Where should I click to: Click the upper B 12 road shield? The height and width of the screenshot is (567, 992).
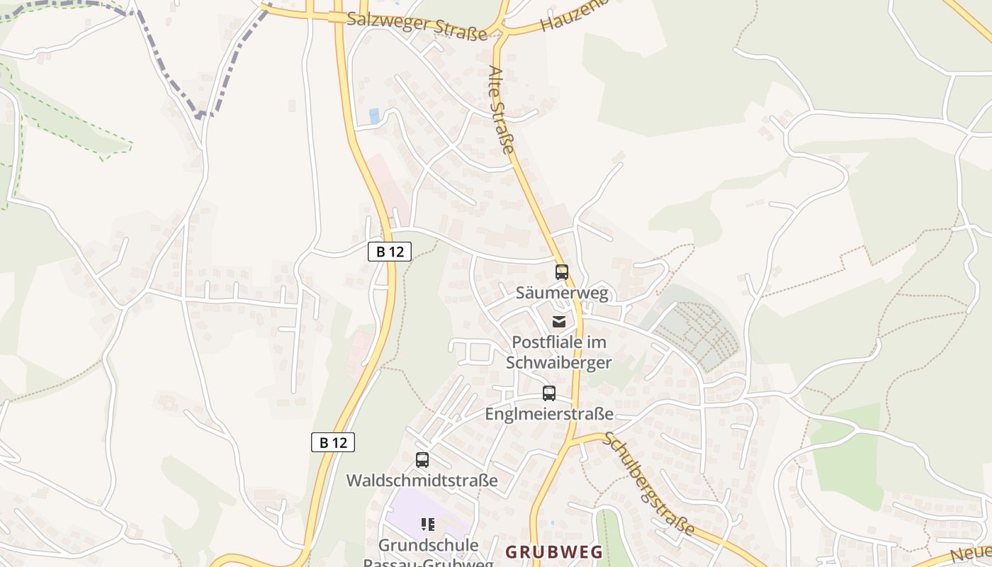(390, 251)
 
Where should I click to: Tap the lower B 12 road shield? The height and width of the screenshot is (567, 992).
(333, 442)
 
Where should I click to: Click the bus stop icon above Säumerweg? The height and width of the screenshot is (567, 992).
(562, 272)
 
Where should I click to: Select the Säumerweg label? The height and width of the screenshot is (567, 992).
(562, 293)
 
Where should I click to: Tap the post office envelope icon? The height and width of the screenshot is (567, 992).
(560, 322)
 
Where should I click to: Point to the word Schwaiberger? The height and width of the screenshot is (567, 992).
(559, 362)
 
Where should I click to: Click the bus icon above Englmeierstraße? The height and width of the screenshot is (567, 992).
(549, 393)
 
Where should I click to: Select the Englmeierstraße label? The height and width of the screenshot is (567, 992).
(549, 413)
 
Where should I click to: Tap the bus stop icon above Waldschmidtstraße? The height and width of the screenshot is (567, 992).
(422, 460)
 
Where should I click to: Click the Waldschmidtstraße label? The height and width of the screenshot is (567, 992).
(422, 480)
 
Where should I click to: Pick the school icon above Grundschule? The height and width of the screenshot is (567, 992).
(427, 524)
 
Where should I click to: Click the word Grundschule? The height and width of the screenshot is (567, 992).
(429, 545)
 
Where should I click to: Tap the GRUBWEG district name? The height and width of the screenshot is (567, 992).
(554, 551)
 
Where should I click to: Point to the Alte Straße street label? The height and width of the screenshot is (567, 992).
(501, 109)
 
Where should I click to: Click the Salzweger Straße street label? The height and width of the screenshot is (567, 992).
(417, 26)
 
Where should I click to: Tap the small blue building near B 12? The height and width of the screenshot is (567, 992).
(374, 116)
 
